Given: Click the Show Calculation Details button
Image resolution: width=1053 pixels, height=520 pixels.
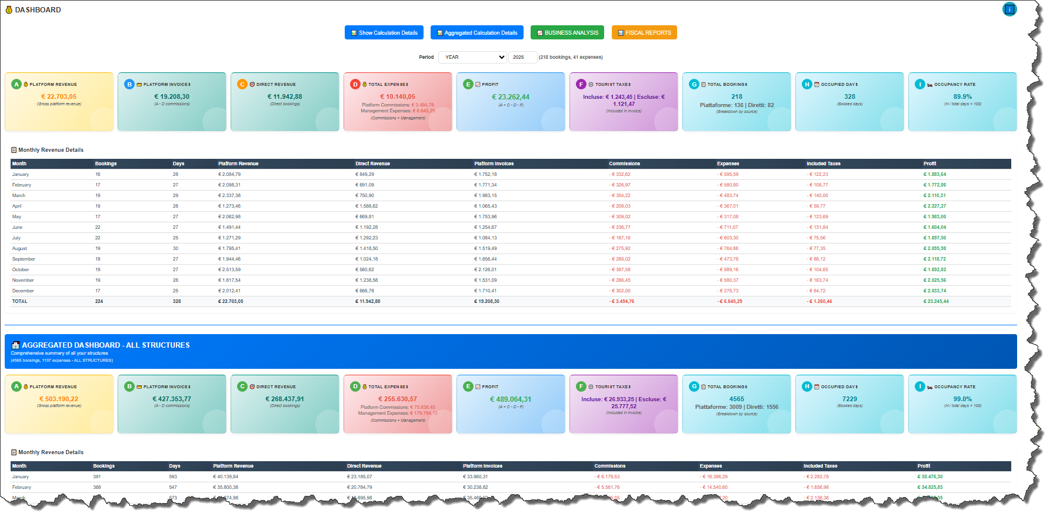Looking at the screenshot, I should click(x=384, y=33).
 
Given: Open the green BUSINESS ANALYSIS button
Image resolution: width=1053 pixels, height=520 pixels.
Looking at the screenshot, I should click(x=568, y=33).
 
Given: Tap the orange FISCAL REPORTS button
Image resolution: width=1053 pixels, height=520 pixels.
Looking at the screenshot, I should click(x=644, y=33).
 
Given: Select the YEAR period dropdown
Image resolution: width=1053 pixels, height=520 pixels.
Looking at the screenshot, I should click(x=472, y=57).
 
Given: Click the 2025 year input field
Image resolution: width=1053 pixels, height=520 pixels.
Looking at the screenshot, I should click(x=522, y=57).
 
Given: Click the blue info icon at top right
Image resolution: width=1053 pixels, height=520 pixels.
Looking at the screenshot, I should click(x=1009, y=9).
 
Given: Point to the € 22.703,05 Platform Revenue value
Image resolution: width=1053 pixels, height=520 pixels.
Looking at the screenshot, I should click(x=59, y=97).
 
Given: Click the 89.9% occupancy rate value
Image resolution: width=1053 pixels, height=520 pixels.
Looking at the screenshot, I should click(x=962, y=97).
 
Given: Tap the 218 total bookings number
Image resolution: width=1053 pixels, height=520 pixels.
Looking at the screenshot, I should click(x=737, y=97).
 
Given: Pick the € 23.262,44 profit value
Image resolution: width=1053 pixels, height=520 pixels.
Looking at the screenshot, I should click(x=511, y=97).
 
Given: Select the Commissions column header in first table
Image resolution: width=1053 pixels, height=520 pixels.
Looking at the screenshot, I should click(x=624, y=164).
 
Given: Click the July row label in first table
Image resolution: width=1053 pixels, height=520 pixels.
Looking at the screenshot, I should click(x=16, y=238).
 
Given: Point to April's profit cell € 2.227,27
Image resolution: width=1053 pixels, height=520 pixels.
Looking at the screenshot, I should click(x=935, y=206).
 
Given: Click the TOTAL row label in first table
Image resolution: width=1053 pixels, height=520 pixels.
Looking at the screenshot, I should click(x=20, y=301).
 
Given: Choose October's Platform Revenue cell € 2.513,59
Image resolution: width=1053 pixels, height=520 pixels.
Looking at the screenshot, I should click(x=229, y=269).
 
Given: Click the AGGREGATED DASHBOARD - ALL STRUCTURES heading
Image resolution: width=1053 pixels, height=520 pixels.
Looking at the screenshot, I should click(x=106, y=345).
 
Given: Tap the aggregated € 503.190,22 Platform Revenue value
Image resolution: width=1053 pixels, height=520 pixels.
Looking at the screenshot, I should click(x=59, y=399).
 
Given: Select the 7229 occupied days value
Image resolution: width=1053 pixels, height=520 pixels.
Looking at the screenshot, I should click(x=849, y=399).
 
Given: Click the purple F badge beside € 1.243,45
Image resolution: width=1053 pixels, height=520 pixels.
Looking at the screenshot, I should click(x=581, y=85).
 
